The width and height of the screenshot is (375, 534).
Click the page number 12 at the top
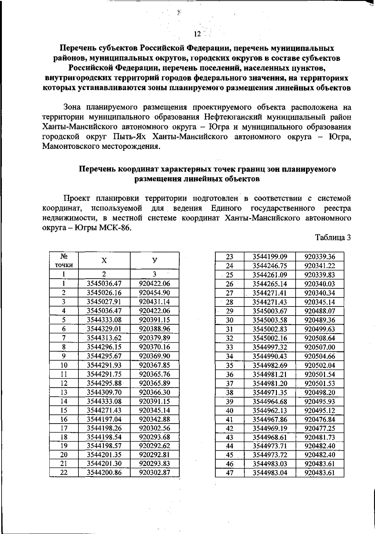click(x=197, y=34)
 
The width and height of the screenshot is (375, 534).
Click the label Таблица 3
click(x=333, y=237)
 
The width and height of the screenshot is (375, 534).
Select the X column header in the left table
click(x=104, y=261)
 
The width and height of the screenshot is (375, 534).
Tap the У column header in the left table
click(x=154, y=261)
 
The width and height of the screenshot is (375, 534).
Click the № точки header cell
click(x=64, y=261)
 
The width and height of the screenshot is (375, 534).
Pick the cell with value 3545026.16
click(x=104, y=293)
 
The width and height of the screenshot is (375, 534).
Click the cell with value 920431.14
click(x=154, y=302)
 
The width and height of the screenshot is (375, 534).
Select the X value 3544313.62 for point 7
click(x=104, y=338)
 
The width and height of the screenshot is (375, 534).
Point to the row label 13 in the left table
click(x=64, y=392)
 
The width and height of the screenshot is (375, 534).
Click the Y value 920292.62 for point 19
click(x=154, y=446)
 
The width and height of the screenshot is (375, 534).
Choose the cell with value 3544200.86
click(x=104, y=473)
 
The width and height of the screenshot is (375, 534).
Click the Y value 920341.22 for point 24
click(x=319, y=266)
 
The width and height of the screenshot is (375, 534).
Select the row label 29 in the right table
click(x=230, y=311)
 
